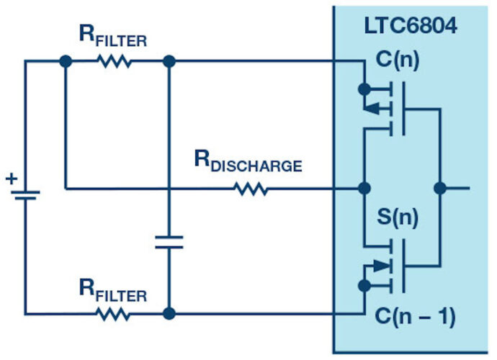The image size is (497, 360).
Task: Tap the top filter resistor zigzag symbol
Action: (115, 62)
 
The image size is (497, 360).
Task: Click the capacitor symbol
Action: (169, 241)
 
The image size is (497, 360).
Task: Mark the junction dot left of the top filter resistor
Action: (66, 62)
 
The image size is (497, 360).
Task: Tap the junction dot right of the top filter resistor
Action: (169, 62)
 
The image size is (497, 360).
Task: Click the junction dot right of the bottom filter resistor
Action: (169, 315)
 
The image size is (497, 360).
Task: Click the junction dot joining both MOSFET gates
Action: (440, 189)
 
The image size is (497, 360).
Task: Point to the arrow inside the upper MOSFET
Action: (370, 109)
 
